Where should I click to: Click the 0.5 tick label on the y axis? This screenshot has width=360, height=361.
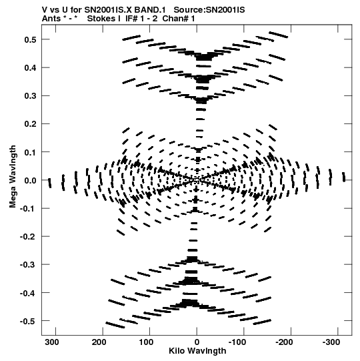point(30,39)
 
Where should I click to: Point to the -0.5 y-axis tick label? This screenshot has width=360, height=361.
point(28,321)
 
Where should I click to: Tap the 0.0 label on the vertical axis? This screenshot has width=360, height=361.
point(30,180)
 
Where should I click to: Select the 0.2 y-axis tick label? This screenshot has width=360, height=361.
point(30,124)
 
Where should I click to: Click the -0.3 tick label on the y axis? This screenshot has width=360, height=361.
point(28,265)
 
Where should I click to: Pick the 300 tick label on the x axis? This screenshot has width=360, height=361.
point(52,342)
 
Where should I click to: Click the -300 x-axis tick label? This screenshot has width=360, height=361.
point(331,342)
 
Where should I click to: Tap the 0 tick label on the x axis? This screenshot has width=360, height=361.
point(197,342)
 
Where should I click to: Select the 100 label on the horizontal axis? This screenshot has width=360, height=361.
point(146,342)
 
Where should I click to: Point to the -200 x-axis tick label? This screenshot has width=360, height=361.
point(284,342)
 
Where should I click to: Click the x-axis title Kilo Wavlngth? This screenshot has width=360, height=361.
point(197,351)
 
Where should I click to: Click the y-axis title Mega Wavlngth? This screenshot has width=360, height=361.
point(13,177)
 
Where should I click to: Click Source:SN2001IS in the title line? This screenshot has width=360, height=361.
point(209,10)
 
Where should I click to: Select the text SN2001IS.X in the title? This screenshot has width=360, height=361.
point(108,10)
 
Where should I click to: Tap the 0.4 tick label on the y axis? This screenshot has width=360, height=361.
point(30,68)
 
